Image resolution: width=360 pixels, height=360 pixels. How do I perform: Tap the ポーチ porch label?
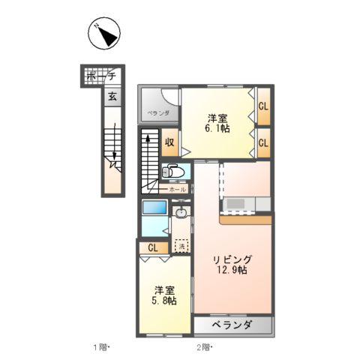100,76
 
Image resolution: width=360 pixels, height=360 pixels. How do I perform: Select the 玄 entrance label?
111,95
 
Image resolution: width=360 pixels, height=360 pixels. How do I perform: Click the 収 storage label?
170,141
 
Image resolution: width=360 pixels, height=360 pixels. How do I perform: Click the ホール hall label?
177,190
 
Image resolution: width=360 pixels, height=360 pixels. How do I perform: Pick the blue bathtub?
154,208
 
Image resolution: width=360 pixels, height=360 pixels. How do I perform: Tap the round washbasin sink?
180,214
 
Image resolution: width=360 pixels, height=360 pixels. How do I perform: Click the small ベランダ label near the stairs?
157,113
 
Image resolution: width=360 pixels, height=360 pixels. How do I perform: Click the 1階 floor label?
101,347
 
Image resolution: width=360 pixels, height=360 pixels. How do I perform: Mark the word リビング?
232,259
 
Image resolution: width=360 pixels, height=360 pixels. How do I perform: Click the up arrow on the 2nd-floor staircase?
148,139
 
